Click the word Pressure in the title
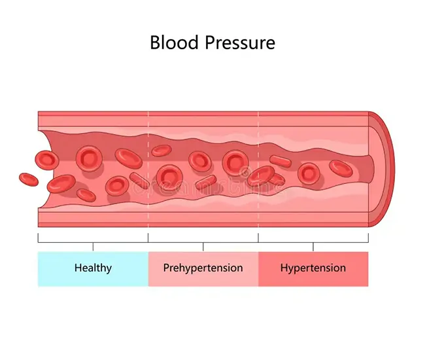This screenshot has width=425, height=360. [x=238, y=43]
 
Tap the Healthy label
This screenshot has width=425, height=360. [x=93, y=268]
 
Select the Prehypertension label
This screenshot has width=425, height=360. [x=203, y=268]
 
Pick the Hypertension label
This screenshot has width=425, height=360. [x=313, y=268]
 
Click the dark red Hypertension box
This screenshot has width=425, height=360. [x=353, y=278]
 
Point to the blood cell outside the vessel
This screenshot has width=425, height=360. [x=28, y=178]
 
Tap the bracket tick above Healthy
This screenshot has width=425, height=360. [x=93, y=246]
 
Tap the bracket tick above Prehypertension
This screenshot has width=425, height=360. [x=203, y=246]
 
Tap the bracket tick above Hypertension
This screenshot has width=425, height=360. [x=313, y=246]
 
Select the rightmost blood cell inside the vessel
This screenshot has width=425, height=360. [x=340, y=168]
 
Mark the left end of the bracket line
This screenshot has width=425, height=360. [x=38, y=238]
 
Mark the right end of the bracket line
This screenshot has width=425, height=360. [x=369, y=238]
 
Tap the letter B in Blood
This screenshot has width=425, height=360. [x=156, y=43]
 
